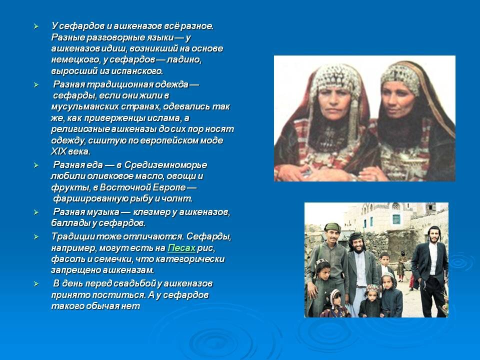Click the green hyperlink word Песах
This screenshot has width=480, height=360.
[181, 248]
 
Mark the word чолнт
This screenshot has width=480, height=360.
[177, 198]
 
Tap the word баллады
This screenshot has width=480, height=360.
[69, 223]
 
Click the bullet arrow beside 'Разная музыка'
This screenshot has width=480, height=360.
[35, 212]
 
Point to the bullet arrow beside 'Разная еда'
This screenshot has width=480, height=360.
[35, 165]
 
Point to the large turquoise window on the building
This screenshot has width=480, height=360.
[396, 219]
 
